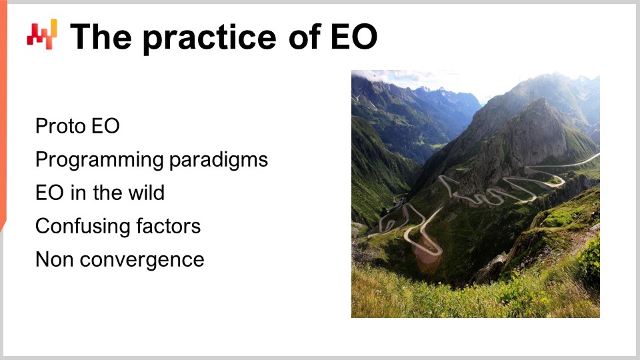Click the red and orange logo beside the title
click(x=42, y=34)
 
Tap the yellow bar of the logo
click(x=53, y=27)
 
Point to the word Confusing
click(x=79, y=226)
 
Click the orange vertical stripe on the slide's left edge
click(x=3, y=120)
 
